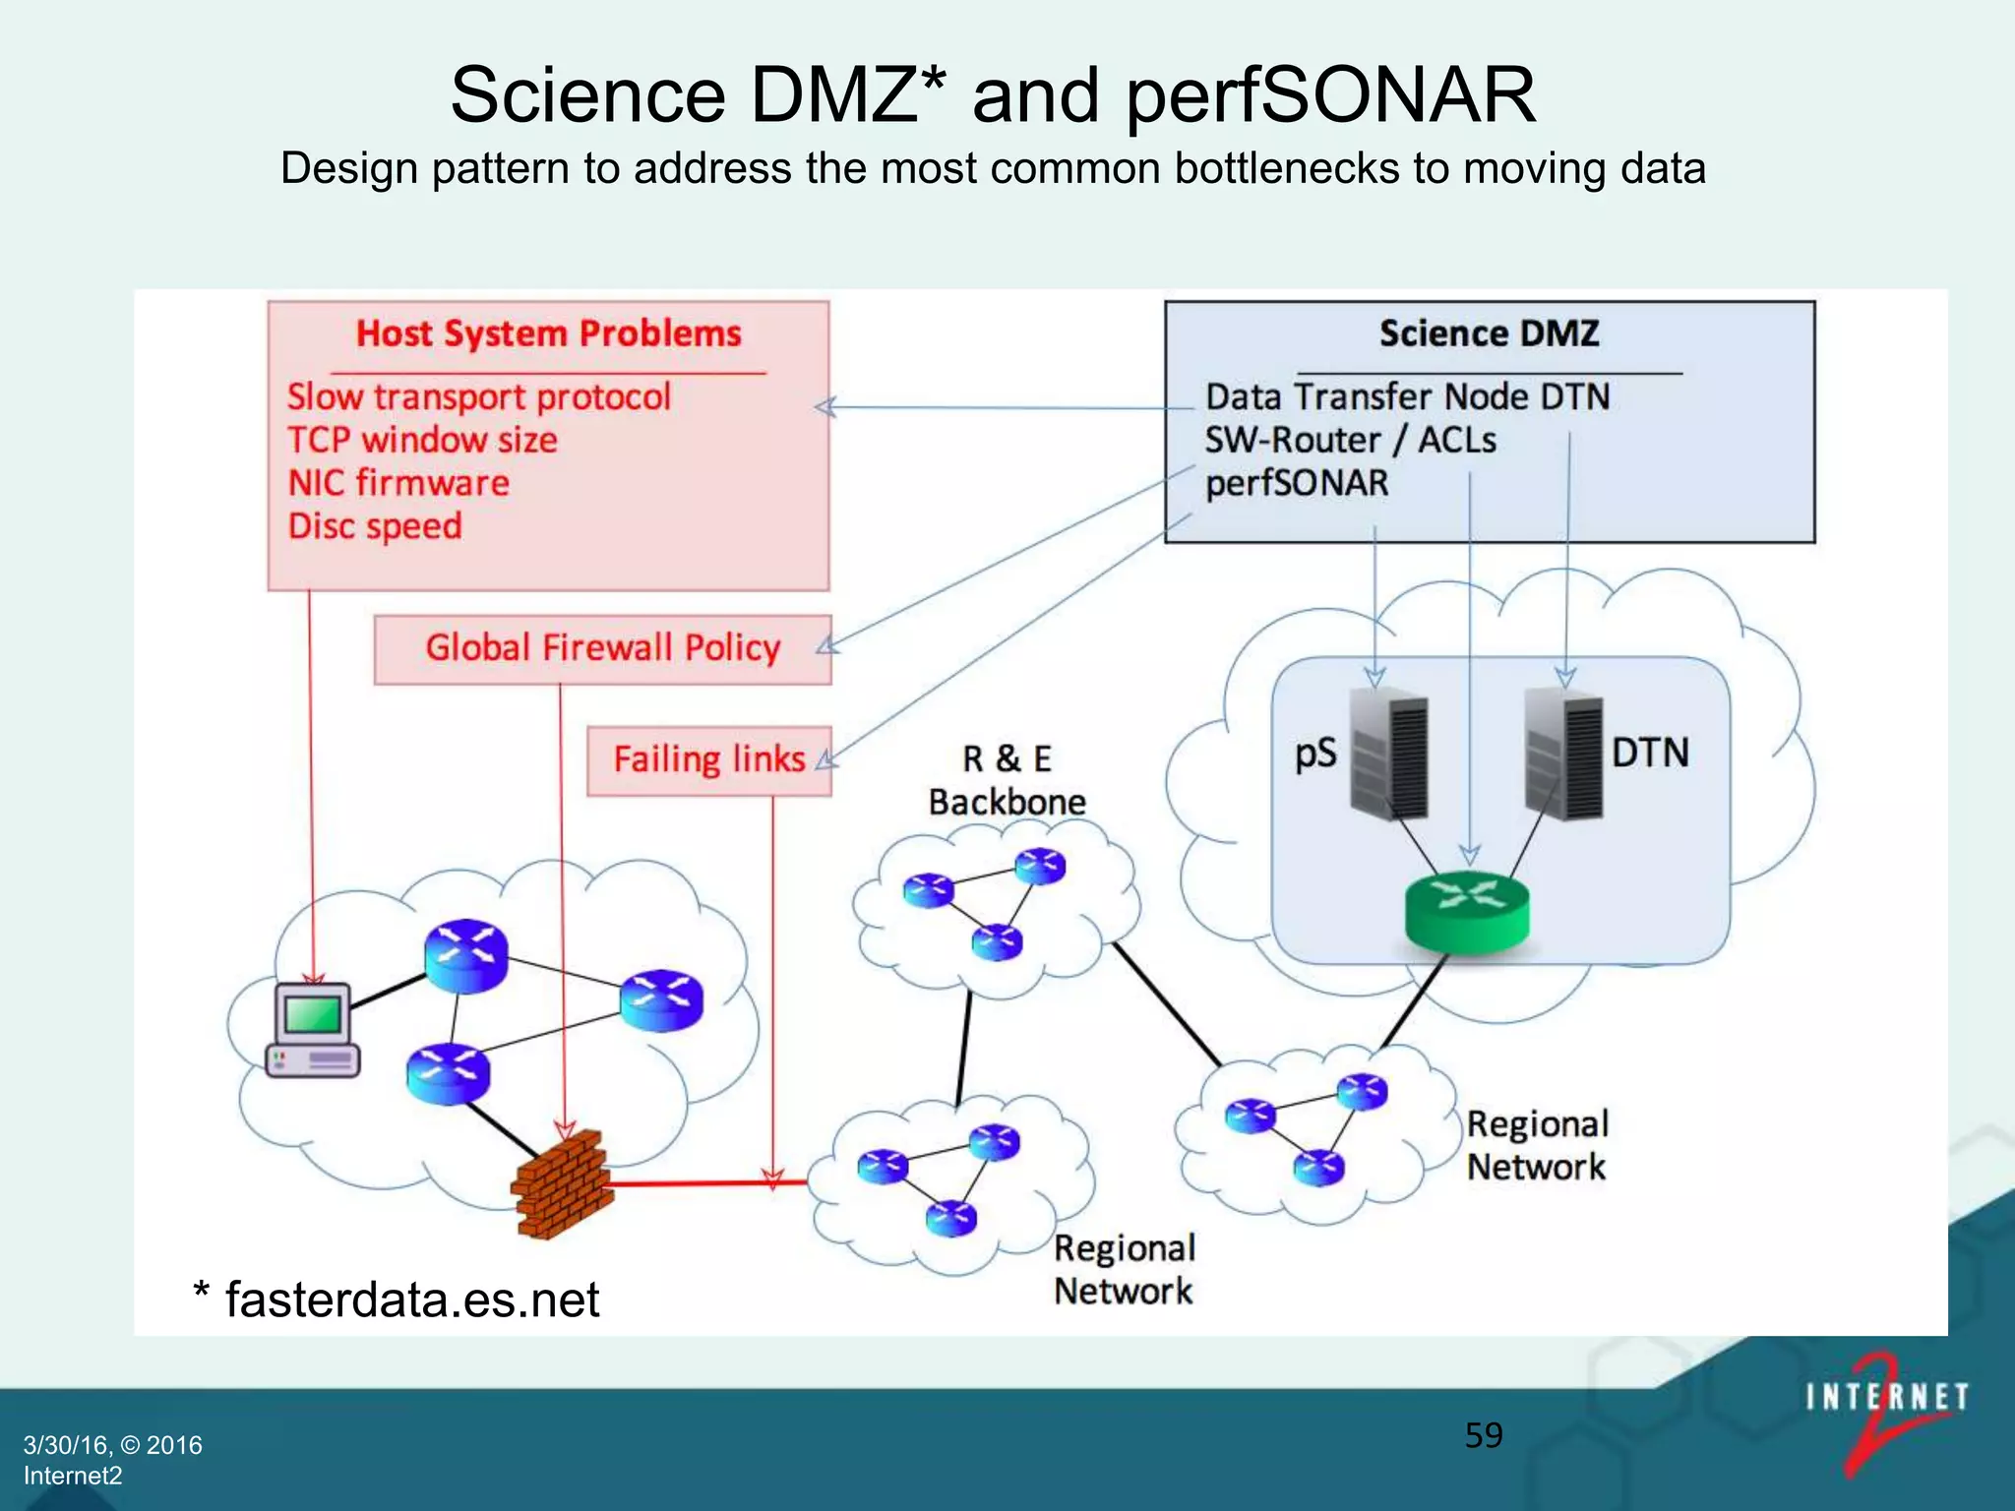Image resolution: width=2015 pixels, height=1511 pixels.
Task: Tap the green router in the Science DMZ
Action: [x=1467, y=911]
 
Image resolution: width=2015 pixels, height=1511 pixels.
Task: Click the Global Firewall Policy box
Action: [x=602, y=649]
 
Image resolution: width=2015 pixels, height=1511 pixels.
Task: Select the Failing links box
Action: [x=708, y=760]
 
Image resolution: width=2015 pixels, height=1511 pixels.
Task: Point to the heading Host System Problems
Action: [x=548, y=334]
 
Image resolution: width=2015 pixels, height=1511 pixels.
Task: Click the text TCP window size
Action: [x=422, y=440]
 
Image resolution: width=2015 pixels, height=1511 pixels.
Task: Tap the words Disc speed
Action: [x=375, y=526]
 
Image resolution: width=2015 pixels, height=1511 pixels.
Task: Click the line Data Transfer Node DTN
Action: [x=1407, y=397]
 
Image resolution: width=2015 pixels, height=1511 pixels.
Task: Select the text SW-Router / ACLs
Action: [x=1350, y=440]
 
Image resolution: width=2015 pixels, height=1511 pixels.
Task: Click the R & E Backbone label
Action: [x=1007, y=780]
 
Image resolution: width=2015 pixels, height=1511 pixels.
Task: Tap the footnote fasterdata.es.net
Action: [x=411, y=1299]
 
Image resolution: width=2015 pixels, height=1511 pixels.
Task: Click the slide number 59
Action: [x=1483, y=1435]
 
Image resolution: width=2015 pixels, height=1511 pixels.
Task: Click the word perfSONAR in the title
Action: [x=1330, y=95]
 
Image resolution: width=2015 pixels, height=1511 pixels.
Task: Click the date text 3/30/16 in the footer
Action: [x=66, y=1445]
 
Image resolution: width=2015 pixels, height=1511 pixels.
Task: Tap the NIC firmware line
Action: [x=398, y=483]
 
